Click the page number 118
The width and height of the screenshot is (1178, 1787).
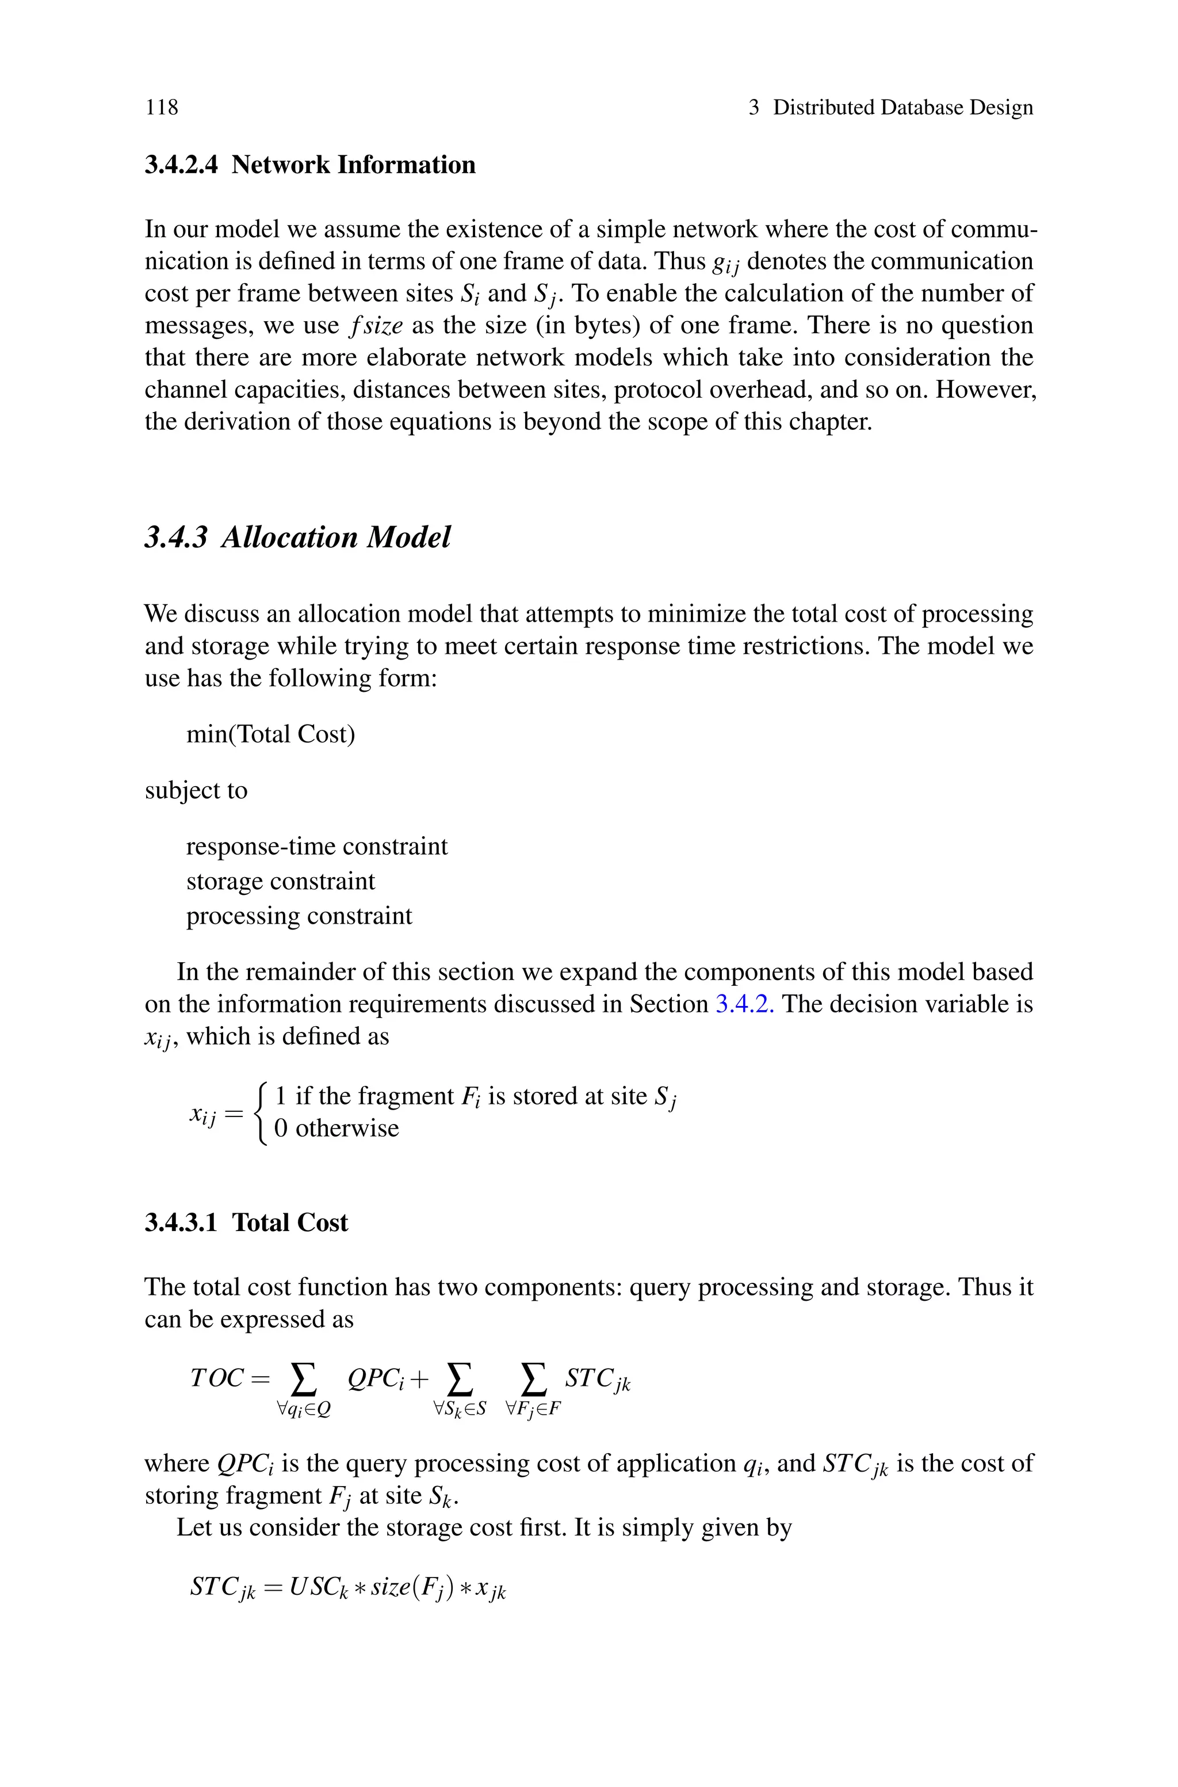(162, 108)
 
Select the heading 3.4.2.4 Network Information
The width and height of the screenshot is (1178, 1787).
(309, 165)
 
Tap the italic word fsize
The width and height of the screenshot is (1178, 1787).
(376, 325)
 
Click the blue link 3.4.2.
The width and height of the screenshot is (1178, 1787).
(744, 1004)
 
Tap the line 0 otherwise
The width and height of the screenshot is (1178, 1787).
(336, 1128)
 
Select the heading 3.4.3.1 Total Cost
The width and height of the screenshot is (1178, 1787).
(246, 1222)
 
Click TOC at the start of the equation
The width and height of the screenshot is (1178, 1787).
(217, 1378)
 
